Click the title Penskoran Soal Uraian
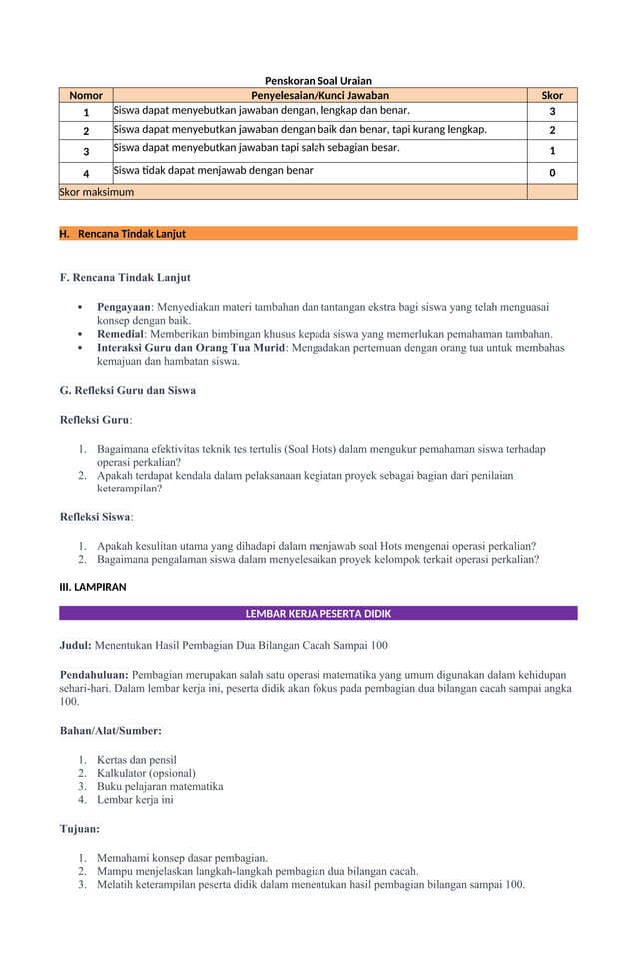coord(318,80)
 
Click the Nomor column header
coord(86,96)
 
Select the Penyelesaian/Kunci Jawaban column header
coord(319,96)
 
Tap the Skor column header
coord(552,96)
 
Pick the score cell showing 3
coord(552,112)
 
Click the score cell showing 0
coord(552,173)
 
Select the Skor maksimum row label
coord(97,191)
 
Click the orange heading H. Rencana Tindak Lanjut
coord(122,234)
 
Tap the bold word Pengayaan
coord(124,307)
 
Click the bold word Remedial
coord(121,334)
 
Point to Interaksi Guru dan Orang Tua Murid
coord(191,348)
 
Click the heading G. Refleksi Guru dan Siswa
coord(128,390)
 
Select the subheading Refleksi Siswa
coord(95,517)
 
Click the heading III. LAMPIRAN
coord(93,587)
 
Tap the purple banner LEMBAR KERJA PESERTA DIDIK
coord(318,613)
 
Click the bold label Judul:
coord(76,646)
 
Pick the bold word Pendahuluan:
coord(94,675)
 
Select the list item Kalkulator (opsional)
coord(146,773)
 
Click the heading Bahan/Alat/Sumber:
coord(111,731)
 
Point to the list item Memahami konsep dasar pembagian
coord(182,858)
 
